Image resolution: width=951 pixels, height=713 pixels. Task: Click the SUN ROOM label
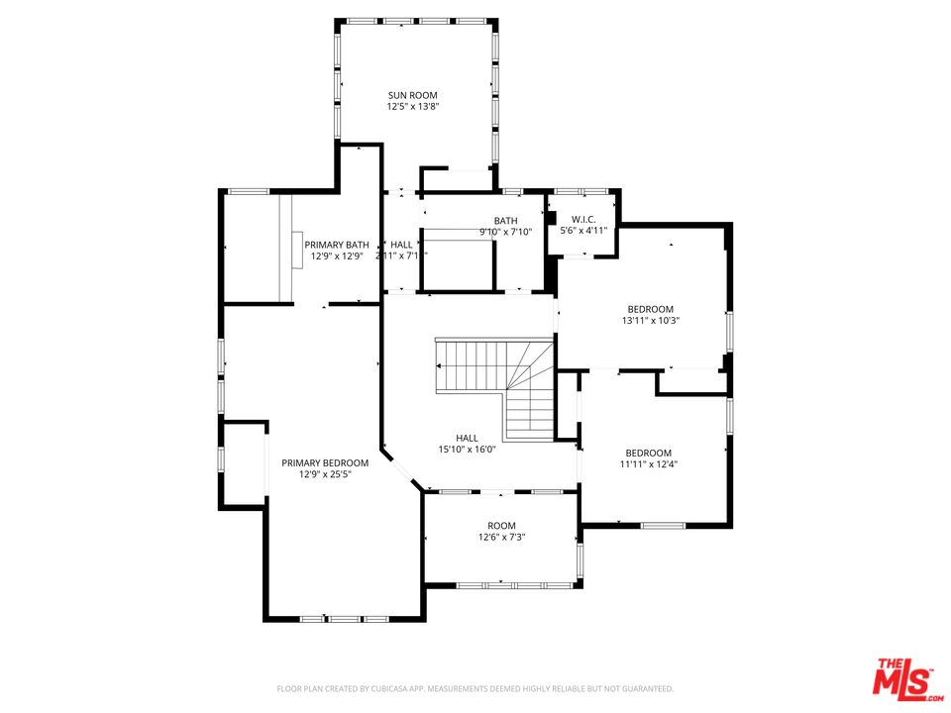pos(412,95)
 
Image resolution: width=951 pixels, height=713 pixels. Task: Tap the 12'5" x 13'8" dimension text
pos(412,107)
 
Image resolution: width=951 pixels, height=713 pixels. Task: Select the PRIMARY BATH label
pos(337,245)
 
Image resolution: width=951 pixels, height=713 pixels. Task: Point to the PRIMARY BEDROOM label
pos(325,462)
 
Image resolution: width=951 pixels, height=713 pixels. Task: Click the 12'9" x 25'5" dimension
pos(325,474)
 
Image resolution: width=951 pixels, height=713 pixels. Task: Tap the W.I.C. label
pos(583,219)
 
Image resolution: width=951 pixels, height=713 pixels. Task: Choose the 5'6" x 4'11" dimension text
pos(583,231)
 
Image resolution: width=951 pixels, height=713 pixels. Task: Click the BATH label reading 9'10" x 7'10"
pos(505,221)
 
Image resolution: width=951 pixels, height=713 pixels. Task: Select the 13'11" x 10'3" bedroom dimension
pos(650,320)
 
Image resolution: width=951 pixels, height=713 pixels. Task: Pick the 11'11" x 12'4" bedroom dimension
pos(649,463)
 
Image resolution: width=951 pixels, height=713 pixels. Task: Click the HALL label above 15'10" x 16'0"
pos(467,438)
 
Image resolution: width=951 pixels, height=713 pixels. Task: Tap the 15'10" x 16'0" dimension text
pos(467,450)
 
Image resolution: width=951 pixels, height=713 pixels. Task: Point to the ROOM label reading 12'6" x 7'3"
pos(501,526)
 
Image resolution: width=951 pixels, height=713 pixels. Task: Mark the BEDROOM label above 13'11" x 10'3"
pos(650,308)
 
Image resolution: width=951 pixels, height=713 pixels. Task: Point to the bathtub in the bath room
pos(459,262)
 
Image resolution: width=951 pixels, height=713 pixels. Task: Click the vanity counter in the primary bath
pos(286,248)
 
